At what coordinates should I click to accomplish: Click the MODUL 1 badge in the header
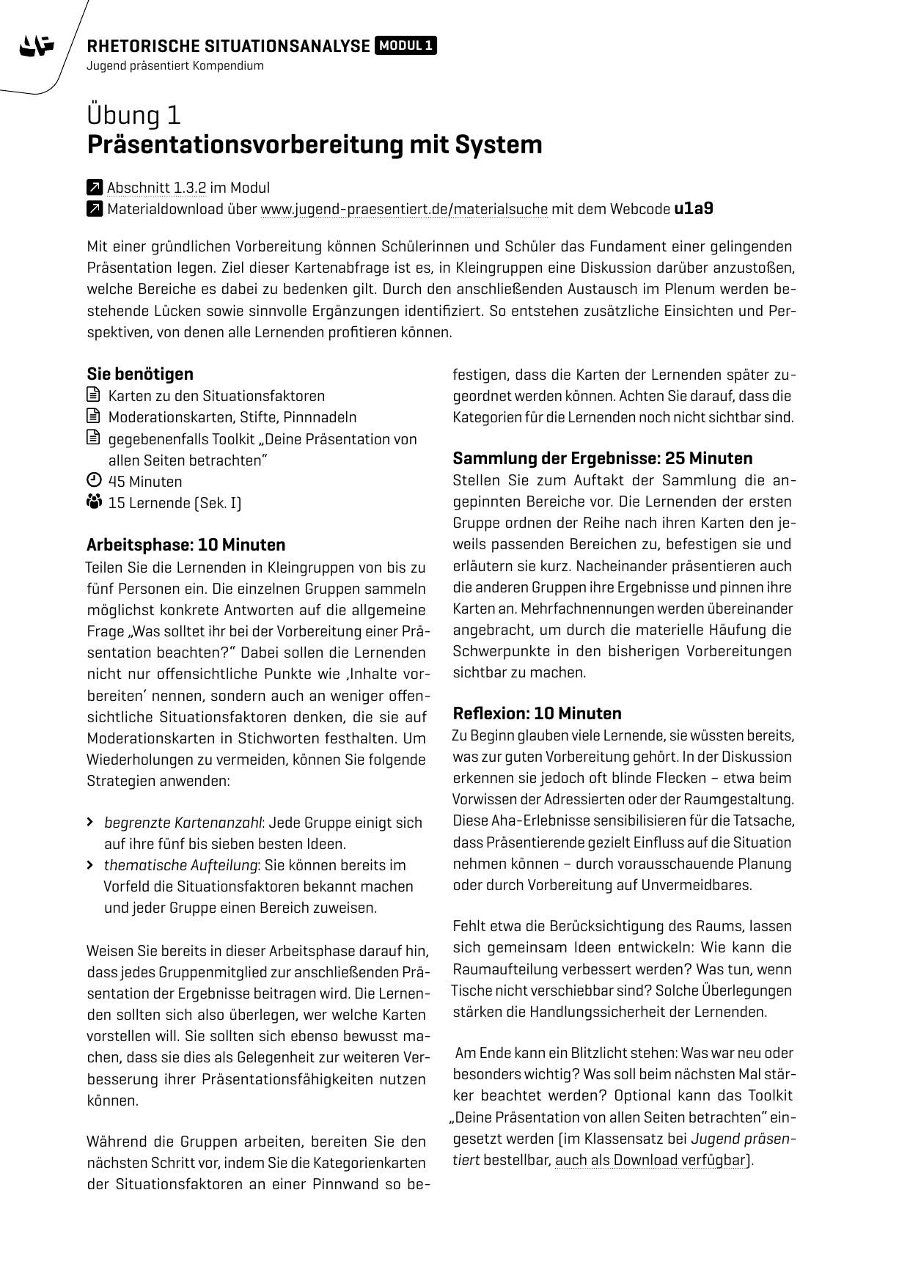[x=406, y=46]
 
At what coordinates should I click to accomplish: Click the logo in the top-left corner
[x=37, y=47]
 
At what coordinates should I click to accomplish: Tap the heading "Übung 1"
[x=134, y=116]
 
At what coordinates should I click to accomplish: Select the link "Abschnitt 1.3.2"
[x=156, y=188]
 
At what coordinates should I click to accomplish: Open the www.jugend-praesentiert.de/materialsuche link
[x=404, y=210]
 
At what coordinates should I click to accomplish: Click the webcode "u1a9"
[x=693, y=209]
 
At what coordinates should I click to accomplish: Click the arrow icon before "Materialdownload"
[x=94, y=210]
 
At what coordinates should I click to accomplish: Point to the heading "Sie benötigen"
[x=140, y=374]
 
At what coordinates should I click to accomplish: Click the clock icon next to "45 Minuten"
[x=93, y=481]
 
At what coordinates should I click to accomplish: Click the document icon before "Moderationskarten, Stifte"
[x=93, y=417]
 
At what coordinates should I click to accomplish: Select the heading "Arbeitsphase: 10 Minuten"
[x=186, y=545]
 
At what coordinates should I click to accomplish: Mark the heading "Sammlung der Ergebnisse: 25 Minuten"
[x=602, y=458]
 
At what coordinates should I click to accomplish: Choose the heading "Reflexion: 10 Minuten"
[x=537, y=713]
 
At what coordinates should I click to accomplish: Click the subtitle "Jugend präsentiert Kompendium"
[x=175, y=66]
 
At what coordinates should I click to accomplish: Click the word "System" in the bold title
[x=499, y=144]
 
